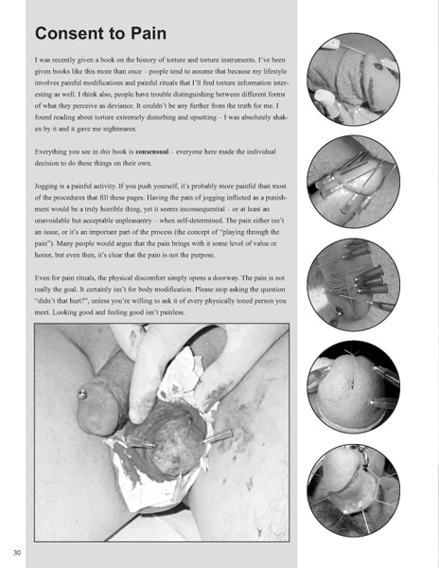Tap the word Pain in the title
point(149,33)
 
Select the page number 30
point(17,553)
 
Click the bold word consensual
point(152,151)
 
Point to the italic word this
point(105,151)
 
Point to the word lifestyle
point(273,71)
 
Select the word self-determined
point(202,221)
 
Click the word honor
point(44,255)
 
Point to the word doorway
point(223,277)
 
